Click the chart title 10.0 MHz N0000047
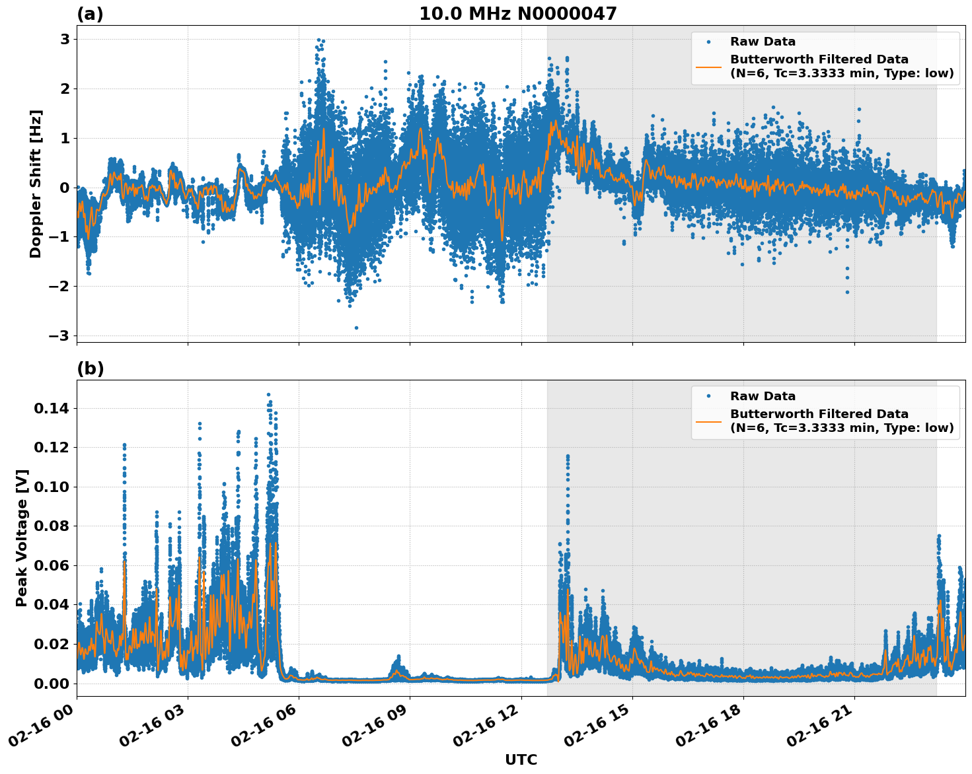tap(517, 14)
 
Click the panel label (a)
tap(90, 14)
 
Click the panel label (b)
tap(90, 369)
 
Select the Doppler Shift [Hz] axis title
tap(36, 184)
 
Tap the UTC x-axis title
tap(521, 759)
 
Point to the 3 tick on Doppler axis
tap(65, 39)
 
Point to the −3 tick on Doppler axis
tap(59, 335)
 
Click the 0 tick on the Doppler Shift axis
tap(65, 188)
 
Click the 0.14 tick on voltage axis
tap(51, 409)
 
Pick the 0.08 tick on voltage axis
tap(51, 526)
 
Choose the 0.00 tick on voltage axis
tap(51, 684)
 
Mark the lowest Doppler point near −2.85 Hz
tap(356, 328)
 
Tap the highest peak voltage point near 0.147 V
tap(268, 395)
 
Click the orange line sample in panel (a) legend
tap(708, 67)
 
